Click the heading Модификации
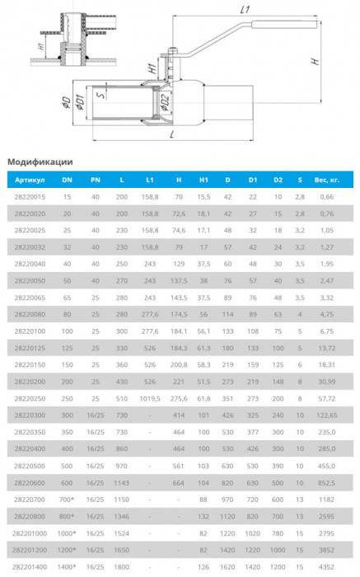pos(40,162)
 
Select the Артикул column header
pos(30,180)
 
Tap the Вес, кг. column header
pos(327,180)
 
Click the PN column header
pos(96,180)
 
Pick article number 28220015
pos(30,197)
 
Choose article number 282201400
pos(30,567)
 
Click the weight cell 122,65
pos(327,415)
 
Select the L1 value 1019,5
pos(150,398)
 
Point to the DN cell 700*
pos(67,500)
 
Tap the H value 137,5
pos(179,281)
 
